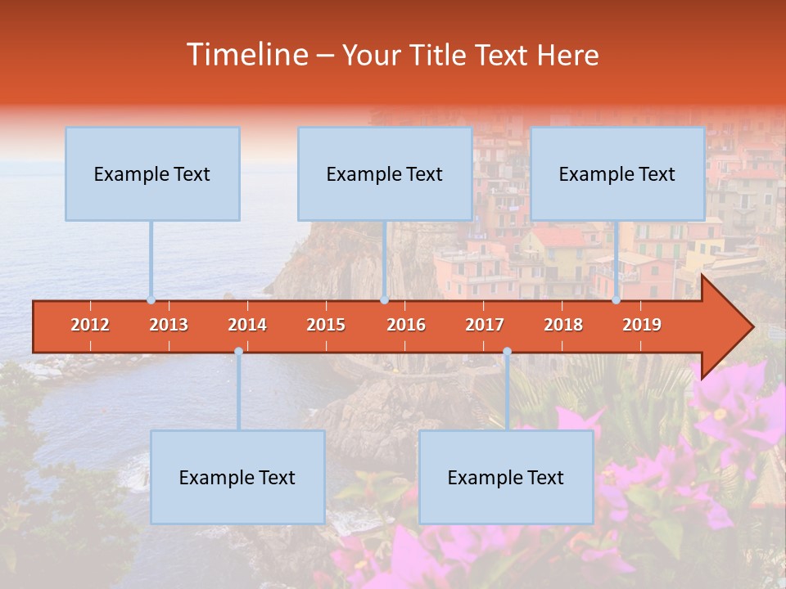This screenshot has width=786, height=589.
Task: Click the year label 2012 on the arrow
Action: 90,325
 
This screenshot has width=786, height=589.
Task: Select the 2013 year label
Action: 169,325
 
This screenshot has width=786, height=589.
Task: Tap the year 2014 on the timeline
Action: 247,325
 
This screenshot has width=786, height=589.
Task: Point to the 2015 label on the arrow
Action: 326,325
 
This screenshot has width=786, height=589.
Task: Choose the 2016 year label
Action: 406,325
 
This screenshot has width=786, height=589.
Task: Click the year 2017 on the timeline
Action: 485,325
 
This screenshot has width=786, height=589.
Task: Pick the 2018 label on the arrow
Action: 563,325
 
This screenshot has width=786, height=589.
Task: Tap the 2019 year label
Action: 642,325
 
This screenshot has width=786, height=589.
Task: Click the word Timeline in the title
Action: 246,55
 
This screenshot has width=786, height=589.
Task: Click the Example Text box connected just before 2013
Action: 152,173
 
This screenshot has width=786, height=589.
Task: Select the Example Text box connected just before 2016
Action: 385,173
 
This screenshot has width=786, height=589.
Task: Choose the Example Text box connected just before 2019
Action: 617,173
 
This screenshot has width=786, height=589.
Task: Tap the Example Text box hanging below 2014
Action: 237,477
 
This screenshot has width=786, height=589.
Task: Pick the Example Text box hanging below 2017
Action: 506,477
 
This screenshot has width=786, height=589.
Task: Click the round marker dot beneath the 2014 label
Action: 238,352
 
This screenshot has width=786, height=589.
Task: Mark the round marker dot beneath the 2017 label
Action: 507,352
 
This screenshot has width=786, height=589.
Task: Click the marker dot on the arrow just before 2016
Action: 384,300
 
